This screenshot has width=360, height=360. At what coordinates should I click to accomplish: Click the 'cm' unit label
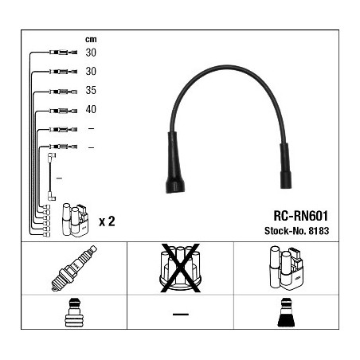tap(91, 40)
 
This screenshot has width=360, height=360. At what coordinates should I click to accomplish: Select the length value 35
tap(91, 90)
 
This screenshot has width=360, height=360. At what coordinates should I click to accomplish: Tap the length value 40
tap(91, 109)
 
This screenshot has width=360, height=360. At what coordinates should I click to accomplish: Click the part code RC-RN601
tap(301, 216)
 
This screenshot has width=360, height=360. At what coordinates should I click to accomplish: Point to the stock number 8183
tap(319, 231)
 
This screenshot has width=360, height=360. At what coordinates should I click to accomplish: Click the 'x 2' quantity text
tap(107, 221)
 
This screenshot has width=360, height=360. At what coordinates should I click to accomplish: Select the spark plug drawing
tap(74, 268)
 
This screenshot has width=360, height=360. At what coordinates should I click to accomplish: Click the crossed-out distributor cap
tap(180, 268)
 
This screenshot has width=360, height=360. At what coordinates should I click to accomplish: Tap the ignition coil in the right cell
tap(286, 268)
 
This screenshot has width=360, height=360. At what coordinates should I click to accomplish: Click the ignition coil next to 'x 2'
tap(75, 220)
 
